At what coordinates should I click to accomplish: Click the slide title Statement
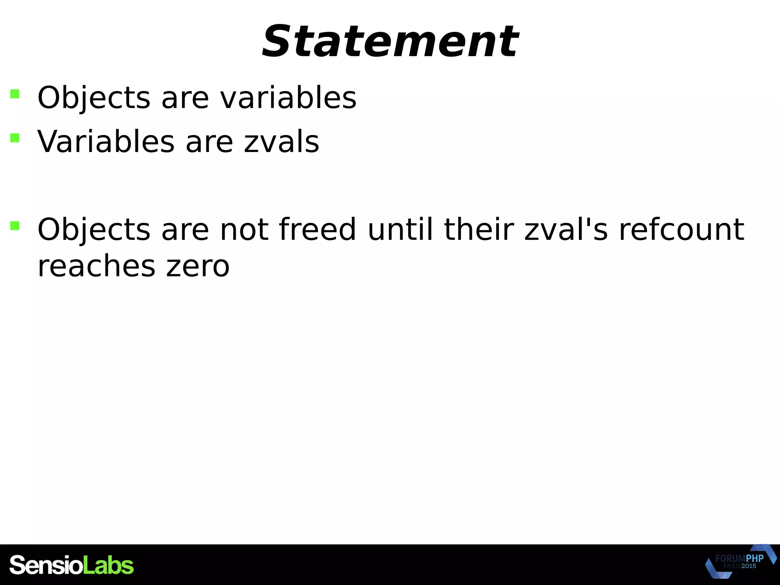click(390, 41)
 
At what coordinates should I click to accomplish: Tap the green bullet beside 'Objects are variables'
click(15, 94)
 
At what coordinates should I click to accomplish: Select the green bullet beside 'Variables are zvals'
click(15, 137)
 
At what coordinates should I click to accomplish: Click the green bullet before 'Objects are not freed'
click(15, 225)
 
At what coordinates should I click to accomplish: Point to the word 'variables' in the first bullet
click(288, 98)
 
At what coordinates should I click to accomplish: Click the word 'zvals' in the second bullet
click(281, 142)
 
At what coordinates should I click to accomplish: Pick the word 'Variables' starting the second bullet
click(106, 142)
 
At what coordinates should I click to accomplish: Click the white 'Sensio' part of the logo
click(46, 565)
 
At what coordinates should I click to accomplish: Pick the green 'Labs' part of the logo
click(108, 565)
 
